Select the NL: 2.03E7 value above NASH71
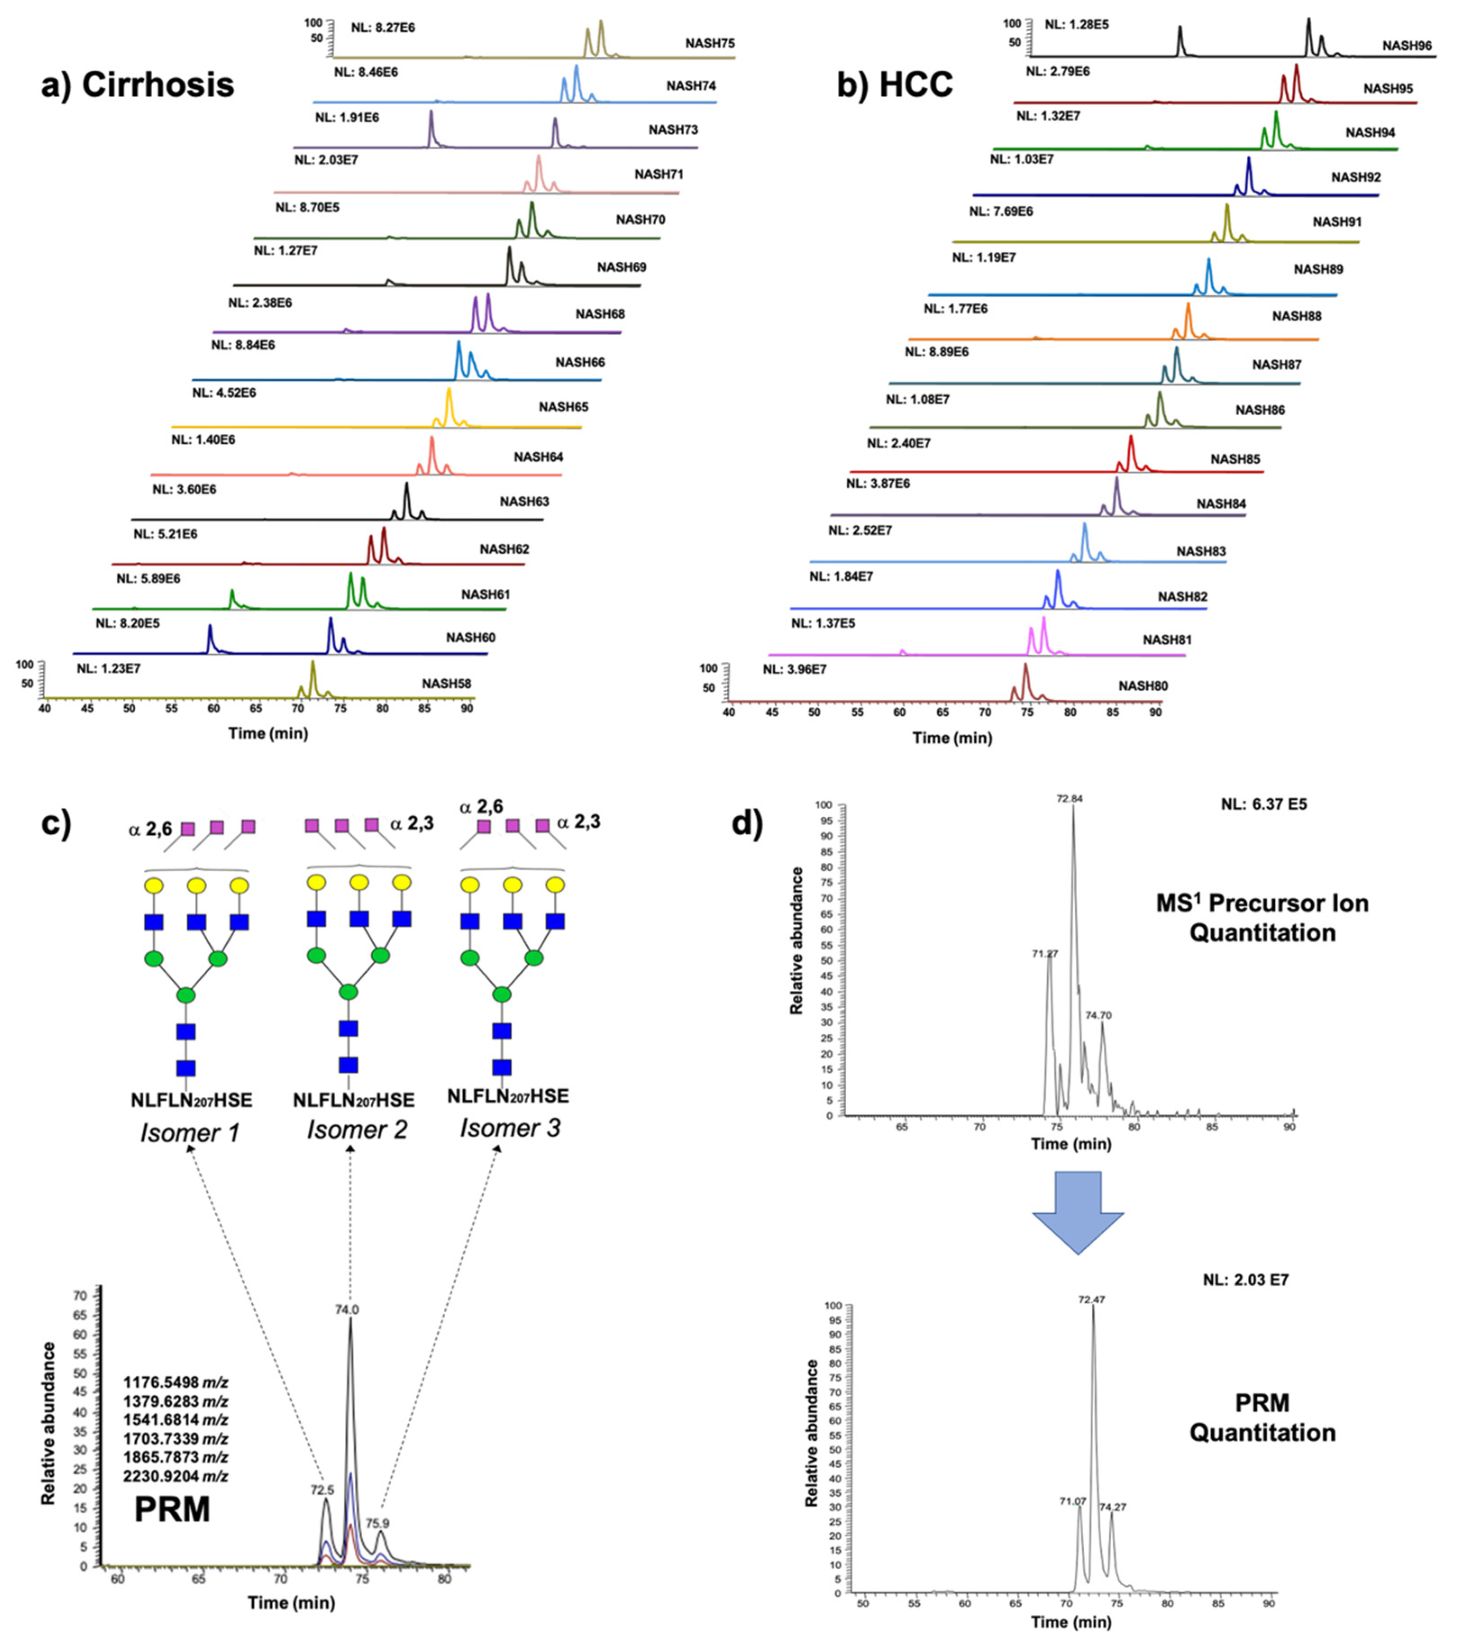326,160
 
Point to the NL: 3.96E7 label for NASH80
794,669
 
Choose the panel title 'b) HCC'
894,84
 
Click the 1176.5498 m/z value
175,1383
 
